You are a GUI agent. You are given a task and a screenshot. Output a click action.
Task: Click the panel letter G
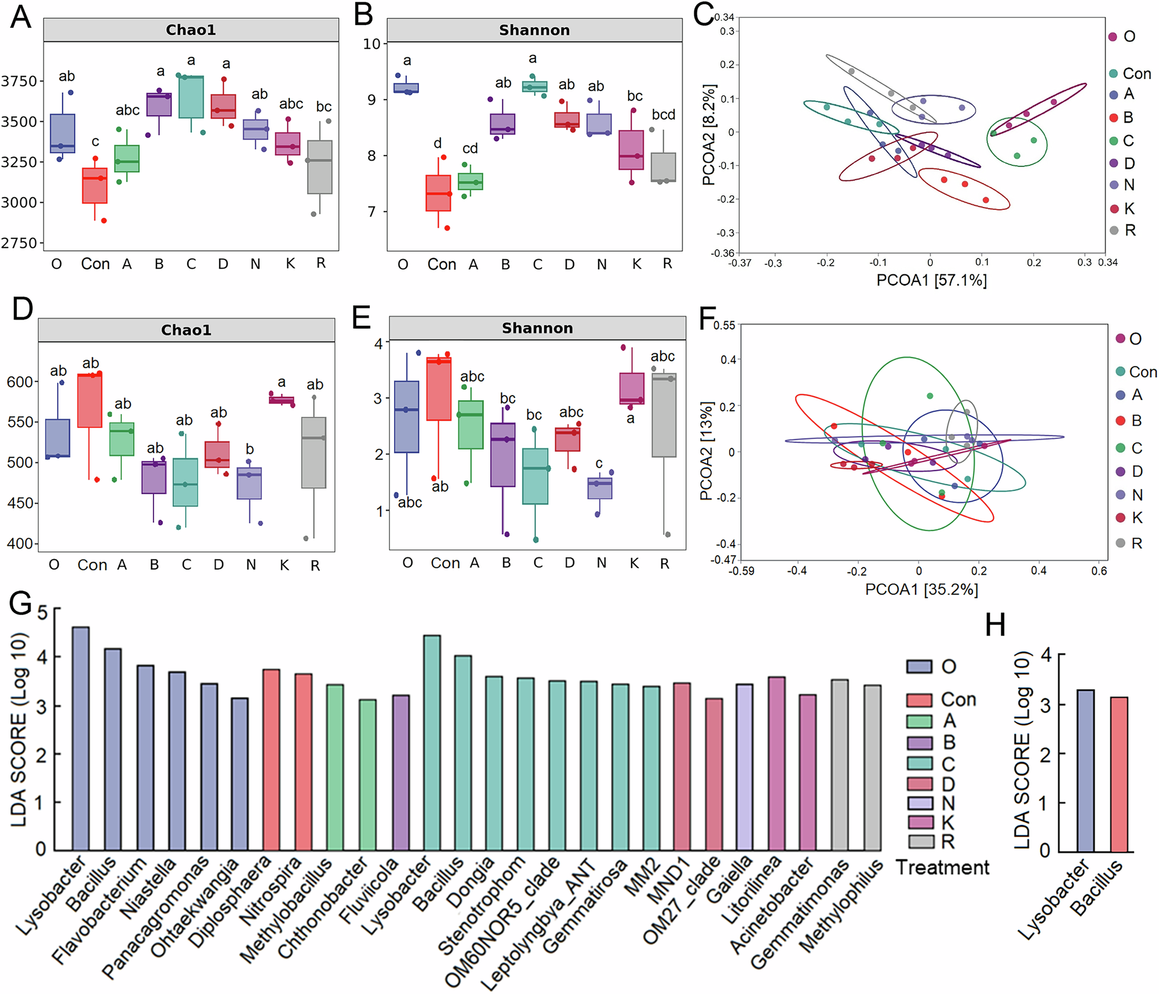click(x=21, y=603)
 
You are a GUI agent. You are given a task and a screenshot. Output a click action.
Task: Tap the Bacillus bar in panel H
click(x=1119, y=774)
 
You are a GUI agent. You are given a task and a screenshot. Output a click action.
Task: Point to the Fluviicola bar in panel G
click(x=401, y=772)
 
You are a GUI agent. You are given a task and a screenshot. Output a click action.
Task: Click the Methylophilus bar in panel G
click(x=872, y=768)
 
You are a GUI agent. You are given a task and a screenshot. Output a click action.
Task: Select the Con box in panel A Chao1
click(x=94, y=186)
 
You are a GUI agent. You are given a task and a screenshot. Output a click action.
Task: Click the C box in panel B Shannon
click(x=534, y=86)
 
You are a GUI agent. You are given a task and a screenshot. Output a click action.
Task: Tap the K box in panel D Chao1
click(x=282, y=400)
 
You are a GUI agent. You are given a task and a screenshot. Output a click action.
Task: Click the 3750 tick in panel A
click(x=19, y=81)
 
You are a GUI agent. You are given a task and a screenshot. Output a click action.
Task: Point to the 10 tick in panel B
click(x=371, y=44)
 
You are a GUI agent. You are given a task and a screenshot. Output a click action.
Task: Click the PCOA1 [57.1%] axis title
click(x=931, y=281)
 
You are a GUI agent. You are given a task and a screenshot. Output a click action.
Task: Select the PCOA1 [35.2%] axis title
click(x=921, y=590)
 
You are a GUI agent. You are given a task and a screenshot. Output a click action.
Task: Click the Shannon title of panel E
click(x=537, y=328)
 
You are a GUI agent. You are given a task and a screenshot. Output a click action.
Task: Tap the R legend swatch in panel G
click(x=920, y=841)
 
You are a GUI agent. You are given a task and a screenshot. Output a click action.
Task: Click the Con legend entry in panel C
click(x=1136, y=74)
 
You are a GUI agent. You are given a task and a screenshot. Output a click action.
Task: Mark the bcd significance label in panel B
click(x=664, y=115)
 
